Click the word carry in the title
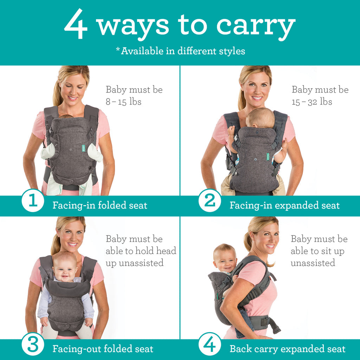point(256,26)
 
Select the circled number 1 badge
point(33,201)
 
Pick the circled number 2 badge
point(210,201)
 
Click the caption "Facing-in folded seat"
point(99,205)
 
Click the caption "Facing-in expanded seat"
point(284,205)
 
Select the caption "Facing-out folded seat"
point(103,349)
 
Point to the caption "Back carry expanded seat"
point(287,349)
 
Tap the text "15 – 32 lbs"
point(312,102)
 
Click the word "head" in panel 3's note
point(165,251)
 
